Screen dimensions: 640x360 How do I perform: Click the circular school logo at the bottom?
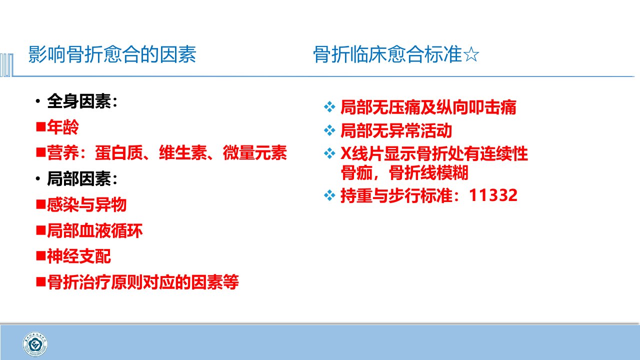pos(35,344)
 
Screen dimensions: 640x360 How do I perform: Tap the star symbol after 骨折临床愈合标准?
pos(471,54)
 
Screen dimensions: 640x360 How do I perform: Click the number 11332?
pos(493,195)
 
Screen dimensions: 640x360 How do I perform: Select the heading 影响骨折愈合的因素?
pos(112,54)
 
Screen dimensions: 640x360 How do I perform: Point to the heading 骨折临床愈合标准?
pos(387,54)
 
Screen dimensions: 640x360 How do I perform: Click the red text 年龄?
pos(63,127)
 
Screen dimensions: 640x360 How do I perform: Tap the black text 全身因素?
pos(79,101)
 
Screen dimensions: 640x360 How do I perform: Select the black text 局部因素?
pos(79,179)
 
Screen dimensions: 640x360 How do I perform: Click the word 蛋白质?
pos(118,152)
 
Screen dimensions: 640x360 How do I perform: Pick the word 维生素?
pos(182,152)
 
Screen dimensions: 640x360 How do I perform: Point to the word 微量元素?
pos(254,152)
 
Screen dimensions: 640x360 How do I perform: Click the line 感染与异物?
pos(86,204)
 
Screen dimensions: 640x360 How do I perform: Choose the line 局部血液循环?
pos(94,230)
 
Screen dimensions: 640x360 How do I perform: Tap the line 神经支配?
pos(79,256)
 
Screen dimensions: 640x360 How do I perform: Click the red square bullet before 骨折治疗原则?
pos(41,282)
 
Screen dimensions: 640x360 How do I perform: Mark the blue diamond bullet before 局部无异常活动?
pos(329,130)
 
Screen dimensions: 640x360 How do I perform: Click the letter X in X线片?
pos(345,153)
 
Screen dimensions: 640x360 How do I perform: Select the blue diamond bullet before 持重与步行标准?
pos(329,195)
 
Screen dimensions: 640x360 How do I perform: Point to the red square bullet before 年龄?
pos(41,127)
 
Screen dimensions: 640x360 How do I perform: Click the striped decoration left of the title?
pos(6,65)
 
